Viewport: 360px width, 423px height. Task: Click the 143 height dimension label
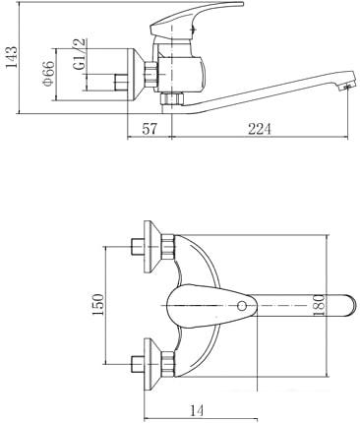pos(12,57)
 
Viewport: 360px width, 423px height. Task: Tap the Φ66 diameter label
pos(49,73)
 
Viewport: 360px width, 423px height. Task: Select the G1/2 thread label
pos(80,53)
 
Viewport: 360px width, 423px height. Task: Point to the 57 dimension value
pos(150,129)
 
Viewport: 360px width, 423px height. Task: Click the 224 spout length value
pos(260,129)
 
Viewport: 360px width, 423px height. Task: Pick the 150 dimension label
pos(97,305)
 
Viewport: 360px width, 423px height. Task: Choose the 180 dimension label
pos(319,305)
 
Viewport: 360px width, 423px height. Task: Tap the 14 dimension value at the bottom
pos(197,410)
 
